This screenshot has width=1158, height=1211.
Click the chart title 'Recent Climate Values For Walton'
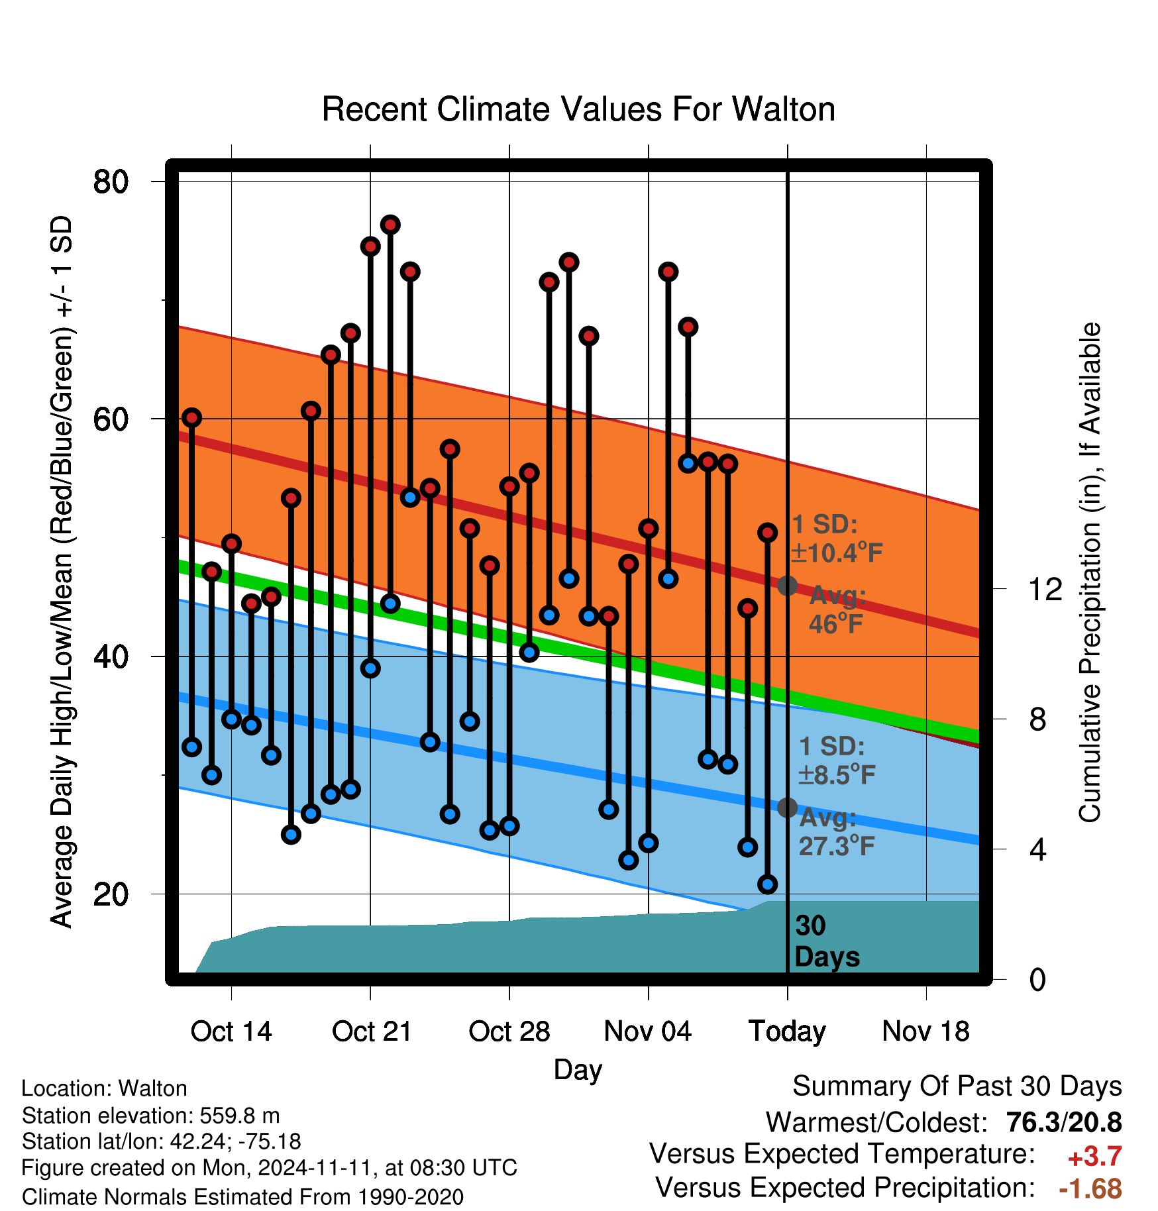point(578,109)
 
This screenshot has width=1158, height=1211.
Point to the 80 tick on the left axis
point(111,182)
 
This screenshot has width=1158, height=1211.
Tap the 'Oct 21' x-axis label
point(372,1031)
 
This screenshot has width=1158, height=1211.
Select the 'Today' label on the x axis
point(787,1032)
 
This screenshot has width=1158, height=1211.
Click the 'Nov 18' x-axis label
point(926,1031)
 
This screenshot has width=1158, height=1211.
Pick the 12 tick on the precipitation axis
point(1045,589)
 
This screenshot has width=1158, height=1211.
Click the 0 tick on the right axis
point(1037,979)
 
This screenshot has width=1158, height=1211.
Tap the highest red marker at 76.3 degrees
point(390,225)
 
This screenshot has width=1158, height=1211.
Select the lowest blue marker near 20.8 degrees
point(768,884)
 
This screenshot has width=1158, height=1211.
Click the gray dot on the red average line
point(787,586)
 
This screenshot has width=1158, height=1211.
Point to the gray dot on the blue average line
point(787,808)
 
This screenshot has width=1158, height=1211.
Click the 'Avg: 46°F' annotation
point(837,609)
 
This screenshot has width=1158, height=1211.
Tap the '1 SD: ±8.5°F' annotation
point(837,761)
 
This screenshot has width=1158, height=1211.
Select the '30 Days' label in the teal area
point(827,941)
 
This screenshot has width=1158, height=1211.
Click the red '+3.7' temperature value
point(1094,1157)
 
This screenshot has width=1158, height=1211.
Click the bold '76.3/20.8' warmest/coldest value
point(1064,1122)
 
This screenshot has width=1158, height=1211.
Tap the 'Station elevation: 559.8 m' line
point(151,1116)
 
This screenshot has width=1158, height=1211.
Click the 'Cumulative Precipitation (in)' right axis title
point(1090,573)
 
